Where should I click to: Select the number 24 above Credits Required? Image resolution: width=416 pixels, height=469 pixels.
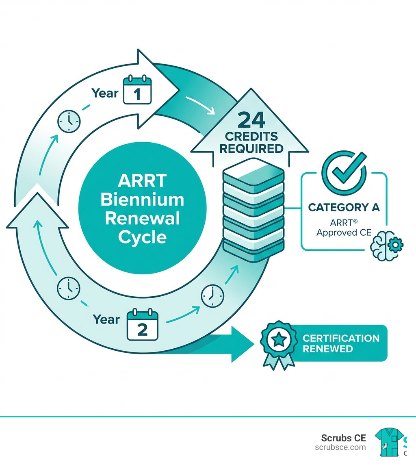pyautogui.click(x=251, y=121)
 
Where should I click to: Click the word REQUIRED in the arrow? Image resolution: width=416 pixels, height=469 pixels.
pyautogui.click(x=251, y=148)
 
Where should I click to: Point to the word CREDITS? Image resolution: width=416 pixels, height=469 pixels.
pyautogui.click(x=251, y=136)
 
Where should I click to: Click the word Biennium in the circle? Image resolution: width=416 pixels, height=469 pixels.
pyautogui.click(x=142, y=200)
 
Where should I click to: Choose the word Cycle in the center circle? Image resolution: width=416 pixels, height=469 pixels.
pyautogui.click(x=142, y=237)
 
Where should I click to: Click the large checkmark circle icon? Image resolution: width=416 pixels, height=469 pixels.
pyautogui.click(x=344, y=173)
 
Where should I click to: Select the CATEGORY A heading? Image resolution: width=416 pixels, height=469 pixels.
pyautogui.click(x=344, y=207)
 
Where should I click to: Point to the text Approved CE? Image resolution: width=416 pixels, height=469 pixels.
pyautogui.click(x=342, y=233)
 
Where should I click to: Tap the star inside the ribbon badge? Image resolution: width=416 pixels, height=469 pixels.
pyautogui.click(x=278, y=339)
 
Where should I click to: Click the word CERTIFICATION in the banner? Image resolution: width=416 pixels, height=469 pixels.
pyautogui.click(x=341, y=338)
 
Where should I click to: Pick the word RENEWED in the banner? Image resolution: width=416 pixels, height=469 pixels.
pyautogui.click(x=328, y=349)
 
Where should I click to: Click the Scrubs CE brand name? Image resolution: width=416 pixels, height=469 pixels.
pyautogui.click(x=343, y=438)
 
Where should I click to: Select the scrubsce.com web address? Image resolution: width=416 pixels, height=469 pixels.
pyautogui.click(x=340, y=447)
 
